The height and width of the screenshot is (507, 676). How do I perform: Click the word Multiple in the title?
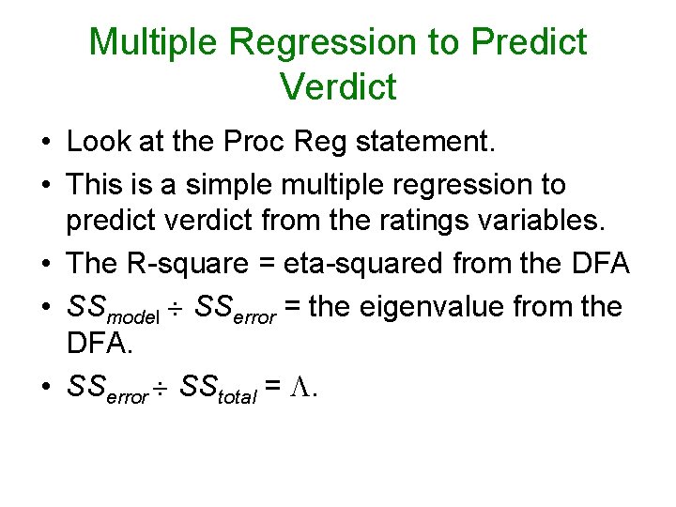pos(154,42)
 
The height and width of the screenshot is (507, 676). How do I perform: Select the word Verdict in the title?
pos(338,86)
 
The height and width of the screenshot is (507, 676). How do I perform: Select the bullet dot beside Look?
pos(45,143)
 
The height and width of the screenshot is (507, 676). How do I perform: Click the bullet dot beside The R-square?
pos(45,265)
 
